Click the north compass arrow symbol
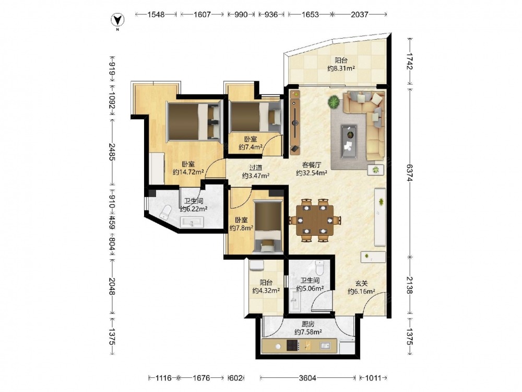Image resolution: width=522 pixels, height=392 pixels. pos(117,21)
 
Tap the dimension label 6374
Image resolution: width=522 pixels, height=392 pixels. pos(409,172)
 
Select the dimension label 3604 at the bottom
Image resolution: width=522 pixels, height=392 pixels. pos(307,378)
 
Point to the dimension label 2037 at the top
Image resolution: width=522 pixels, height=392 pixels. pos(360,14)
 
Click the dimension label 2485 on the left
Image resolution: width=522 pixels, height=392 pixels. pos(112,152)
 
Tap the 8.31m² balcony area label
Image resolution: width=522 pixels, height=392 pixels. pos(341,68)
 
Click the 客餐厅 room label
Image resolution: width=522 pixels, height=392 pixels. pos(312,165)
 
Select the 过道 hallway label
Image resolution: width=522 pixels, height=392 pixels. pos(256,168)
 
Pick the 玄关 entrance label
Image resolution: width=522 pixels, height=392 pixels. pos(362,283)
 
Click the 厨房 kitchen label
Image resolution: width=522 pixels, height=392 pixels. pos(308,324)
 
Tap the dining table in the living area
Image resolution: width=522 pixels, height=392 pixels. pos(315,221)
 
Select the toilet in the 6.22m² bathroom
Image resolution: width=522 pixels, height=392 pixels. pos(165,212)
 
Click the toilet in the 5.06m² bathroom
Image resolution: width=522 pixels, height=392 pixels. pos(319,267)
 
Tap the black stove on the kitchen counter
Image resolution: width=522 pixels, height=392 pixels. pos(292,345)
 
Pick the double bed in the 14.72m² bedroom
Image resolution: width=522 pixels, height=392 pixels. pos(194,121)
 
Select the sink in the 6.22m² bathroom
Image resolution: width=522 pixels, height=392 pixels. pos(192,222)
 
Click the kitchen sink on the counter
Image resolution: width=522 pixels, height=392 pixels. pos(325,345)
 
